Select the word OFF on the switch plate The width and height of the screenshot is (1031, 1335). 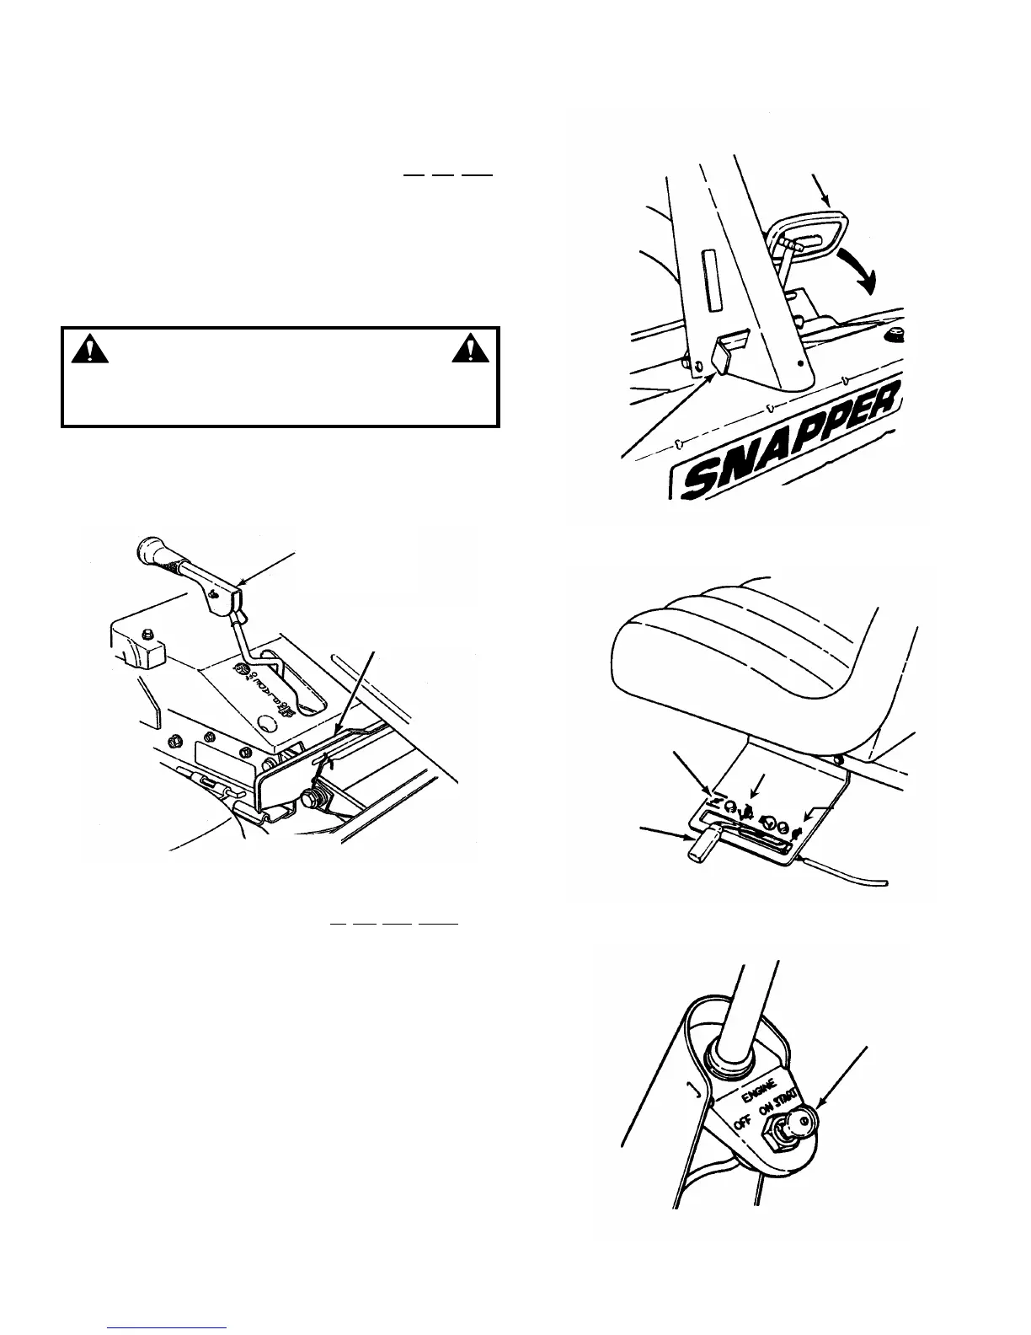(741, 1123)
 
